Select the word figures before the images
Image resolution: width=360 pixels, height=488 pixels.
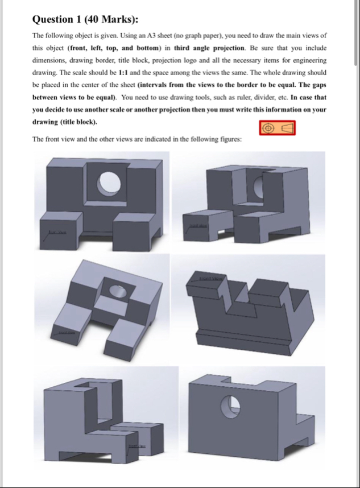pyautogui.click(x=229, y=139)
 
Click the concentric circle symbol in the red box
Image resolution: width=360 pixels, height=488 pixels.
pyautogui.click(x=271, y=128)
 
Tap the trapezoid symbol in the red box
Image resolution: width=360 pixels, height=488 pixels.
pyautogui.click(x=287, y=128)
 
